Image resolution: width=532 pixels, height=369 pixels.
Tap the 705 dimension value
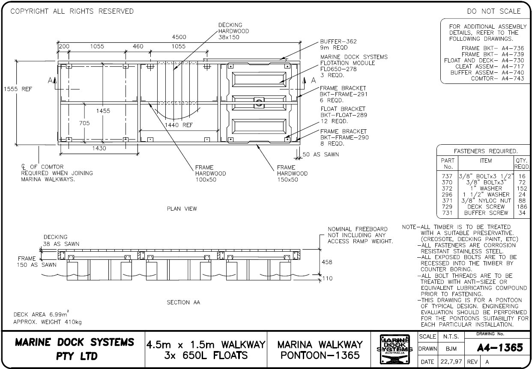pos(85,123)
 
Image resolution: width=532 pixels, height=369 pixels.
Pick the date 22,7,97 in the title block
pos(451,362)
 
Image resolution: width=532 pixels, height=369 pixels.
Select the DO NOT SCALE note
pos(494,11)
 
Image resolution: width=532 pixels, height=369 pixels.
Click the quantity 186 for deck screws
pos(522,207)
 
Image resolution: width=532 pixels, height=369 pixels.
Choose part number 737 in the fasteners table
pos(447,176)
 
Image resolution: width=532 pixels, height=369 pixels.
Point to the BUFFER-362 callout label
pos(338,42)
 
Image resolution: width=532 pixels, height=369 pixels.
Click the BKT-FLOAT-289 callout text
pos(344,115)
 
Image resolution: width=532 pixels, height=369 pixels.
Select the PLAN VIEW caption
pos(182,209)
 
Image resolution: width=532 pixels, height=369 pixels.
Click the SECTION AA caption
pos(183,302)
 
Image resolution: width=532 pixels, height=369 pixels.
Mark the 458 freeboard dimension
pos(326,262)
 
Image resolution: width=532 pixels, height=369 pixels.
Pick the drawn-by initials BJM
pos(451,349)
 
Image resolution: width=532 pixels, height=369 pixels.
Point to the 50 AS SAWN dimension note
pos(320,154)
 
